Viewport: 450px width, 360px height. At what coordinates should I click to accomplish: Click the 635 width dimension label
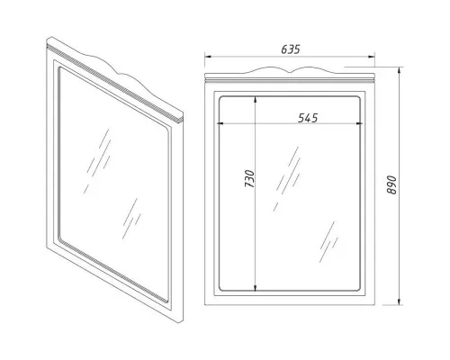click(x=291, y=49)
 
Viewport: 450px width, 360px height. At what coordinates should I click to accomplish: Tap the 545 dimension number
click(x=308, y=118)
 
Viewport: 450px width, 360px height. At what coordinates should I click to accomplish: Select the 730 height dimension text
click(x=249, y=179)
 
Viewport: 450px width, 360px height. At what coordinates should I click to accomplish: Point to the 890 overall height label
click(x=391, y=185)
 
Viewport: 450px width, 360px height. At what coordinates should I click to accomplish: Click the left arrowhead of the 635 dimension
click(x=209, y=56)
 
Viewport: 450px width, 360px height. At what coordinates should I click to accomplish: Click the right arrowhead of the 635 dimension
click(x=371, y=56)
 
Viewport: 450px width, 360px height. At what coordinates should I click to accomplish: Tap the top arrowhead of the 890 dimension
click(x=399, y=71)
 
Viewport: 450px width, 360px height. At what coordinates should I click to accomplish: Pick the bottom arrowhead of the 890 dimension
click(x=399, y=301)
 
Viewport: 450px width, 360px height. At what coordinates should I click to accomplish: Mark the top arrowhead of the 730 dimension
click(x=255, y=100)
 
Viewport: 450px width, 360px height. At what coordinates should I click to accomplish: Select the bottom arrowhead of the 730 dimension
click(x=255, y=287)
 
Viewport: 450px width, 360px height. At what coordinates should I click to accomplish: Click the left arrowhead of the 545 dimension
click(x=221, y=123)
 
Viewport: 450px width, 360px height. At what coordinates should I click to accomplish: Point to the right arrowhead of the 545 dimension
click(x=358, y=123)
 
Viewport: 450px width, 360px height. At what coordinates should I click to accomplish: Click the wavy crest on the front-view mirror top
click(x=290, y=71)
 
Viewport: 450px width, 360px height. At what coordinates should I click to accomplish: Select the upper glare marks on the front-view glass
click(x=287, y=179)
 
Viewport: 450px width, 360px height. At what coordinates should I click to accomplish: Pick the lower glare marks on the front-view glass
click(x=328, y=242)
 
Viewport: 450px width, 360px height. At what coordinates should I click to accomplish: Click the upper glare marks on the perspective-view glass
click(x=97, y=161)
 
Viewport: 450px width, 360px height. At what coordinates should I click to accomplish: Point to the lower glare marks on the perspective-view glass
click(x=131, y=219)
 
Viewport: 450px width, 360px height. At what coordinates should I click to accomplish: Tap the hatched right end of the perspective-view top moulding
click(x=180, y=120)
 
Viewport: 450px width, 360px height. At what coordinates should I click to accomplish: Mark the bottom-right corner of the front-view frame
click(x=374, y=305)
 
